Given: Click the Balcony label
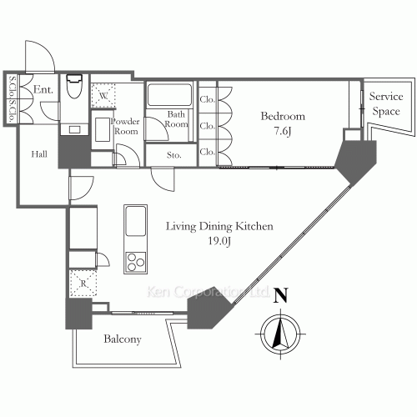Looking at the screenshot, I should pos(122,339).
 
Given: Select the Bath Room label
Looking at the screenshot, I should pos(177,119).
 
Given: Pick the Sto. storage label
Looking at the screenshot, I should pos(174,154).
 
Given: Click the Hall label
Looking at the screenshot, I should pos(38,153).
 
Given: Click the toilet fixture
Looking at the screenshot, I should pos(73,88).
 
